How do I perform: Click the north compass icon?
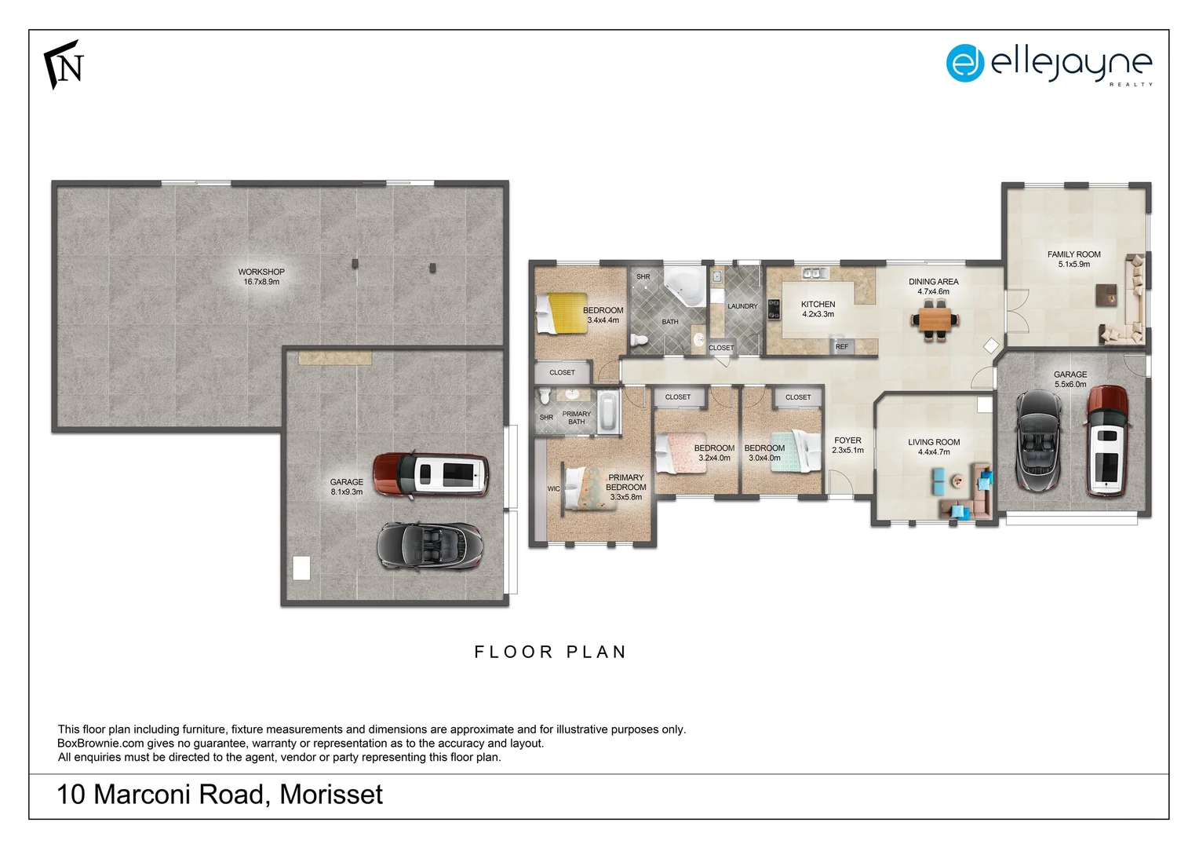[64, 64]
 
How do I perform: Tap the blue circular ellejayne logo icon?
[964, 63]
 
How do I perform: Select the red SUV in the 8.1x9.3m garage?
[430, 474]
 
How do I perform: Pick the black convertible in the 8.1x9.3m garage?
[430, 545]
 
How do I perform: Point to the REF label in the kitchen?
[841, 346]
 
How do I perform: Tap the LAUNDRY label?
[742, 306]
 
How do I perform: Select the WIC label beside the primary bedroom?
[554, 488]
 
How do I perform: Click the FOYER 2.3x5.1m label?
[847, 445]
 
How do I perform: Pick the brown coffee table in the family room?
[1106, 294]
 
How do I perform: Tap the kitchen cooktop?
[774, 309]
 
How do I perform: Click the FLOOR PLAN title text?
[550, 652]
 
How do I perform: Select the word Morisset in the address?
[331, 795]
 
